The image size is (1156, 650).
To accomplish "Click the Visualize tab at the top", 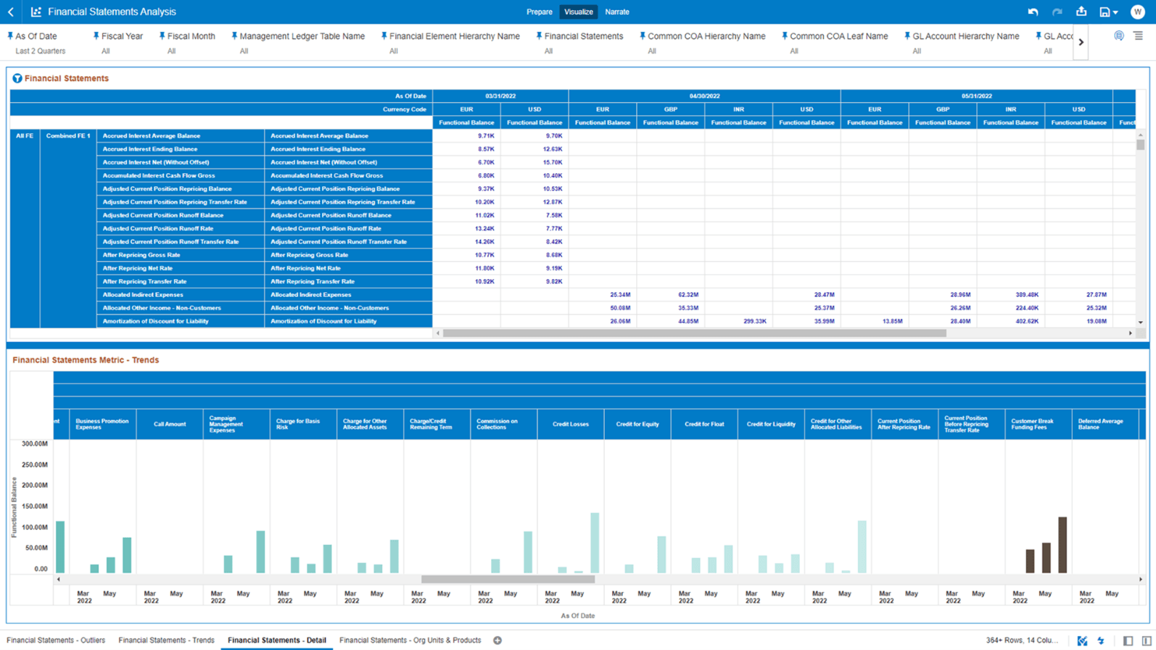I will click(x=578, y=12).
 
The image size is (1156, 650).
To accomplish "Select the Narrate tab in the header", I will click(x=617, y=12).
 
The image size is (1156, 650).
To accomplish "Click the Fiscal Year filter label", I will click(x=122, y=36).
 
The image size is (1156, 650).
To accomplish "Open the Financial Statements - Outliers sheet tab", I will click(x=56, y=640).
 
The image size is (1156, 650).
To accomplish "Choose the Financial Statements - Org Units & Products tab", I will click(x=410, y=640).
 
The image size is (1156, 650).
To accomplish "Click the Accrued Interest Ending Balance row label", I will click(x=150, y=149).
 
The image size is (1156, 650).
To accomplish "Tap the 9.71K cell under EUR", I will click(x=486, y=136).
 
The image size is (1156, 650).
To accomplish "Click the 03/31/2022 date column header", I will click(x=500, y=96).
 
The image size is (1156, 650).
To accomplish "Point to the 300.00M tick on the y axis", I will click(x=35, y=443).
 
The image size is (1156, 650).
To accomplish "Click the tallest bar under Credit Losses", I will click(x=595, y=543).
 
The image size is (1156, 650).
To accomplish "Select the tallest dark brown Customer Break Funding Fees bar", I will click(x=1062, y=545).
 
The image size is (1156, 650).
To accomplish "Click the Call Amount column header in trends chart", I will click(x=170, y=424).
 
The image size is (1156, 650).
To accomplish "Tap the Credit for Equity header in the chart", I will click(x=637, y=424).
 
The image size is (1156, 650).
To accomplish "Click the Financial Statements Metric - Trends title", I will click(x=86, y=360).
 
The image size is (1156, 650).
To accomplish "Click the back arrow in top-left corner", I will click(x=11, y=12).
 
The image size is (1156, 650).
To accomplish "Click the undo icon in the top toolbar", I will click(x=1033, y=12).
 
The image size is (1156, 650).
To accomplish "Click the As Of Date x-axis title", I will click(x=577, y=616).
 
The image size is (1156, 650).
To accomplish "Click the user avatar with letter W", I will click(x=1137, y=12).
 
